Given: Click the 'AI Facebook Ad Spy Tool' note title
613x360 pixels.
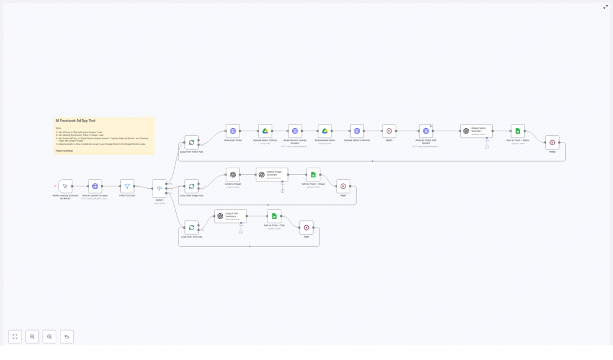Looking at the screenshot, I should pyautogui.click(x=75, y=121).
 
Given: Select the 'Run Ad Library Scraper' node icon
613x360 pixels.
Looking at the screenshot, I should pyautogui.click(x=95, y=186).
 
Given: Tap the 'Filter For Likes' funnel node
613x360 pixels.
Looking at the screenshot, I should pyautogui.click(x=127, y=186).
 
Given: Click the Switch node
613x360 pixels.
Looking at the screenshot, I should pyautogui.click(x=159, y=188).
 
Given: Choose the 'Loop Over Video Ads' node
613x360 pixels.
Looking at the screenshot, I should pyautogui.click(x=192, y=142).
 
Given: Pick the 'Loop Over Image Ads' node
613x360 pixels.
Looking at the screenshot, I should pyautogui.click(x=192, y=186).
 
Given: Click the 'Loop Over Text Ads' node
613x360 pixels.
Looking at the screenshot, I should pyautogui.click(x=192, y=228).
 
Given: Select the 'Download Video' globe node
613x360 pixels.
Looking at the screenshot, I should pyautogui.click(x=233, y=131).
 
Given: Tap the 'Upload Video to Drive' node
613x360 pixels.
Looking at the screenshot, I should pyautogui.click(x=265, y=131).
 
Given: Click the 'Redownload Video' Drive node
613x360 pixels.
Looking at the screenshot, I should pyautogui.click(x=325, y=131).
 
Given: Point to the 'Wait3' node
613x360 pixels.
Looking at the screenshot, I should pyautogui.click(x=389, y=131).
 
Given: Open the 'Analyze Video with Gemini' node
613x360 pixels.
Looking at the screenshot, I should pyautogui.click(x=426, y=131).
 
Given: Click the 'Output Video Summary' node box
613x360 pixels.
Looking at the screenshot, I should pyautogui.click(x=477, y=131).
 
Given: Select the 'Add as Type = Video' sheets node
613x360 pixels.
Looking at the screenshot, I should pyautogui.click(x=518, y=131).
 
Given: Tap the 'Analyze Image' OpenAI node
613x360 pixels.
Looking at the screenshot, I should pyautogui.click(x=233, y=174).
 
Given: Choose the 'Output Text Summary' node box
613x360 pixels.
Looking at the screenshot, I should pyautogui.click(x=230, y=216).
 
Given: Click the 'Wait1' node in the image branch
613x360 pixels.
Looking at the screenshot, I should pyautogui.click(x=343, y=186).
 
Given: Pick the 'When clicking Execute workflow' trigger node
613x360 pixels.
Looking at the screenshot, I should pyautogui.click(x=65, y=186).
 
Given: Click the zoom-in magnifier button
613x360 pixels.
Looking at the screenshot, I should pyautogui.click(x=32, y=337).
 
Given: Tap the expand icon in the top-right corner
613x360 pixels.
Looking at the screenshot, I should pyautogui.click(x=605, y=7).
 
